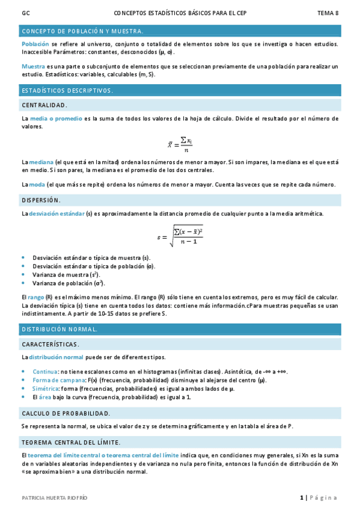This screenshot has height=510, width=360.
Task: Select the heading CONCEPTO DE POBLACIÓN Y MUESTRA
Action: (82, 31)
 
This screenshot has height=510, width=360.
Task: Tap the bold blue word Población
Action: (35, 44)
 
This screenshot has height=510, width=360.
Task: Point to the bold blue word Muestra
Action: (33, 66)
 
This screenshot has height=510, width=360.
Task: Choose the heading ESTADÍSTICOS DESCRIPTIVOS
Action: (67, 90)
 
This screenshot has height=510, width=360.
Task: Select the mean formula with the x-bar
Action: (180, 144)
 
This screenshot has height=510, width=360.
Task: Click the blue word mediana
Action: (41, 162)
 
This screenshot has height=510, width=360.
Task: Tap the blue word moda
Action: (37, 184)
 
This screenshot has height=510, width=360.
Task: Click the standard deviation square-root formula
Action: (180, 235)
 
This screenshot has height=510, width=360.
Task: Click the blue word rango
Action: (36, 297)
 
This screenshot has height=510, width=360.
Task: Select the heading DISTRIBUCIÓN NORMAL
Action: (59, 330)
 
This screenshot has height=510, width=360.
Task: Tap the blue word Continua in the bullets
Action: (46, 372)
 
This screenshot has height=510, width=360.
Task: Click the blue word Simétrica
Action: (45, 389)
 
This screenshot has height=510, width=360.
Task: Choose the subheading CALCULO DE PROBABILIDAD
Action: (66, 413)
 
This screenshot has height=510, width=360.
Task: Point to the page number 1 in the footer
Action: (302, 497)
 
